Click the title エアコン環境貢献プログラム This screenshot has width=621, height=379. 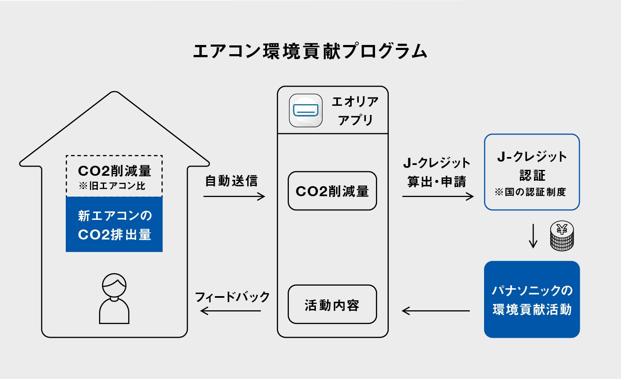[x=310, y=51]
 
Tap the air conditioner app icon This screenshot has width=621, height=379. [x=306, y=110]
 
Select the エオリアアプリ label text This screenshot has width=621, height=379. [x=355, y=111]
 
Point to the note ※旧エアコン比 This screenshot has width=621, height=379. [x=112, y=186]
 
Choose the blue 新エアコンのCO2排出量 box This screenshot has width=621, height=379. [x=114, y=224]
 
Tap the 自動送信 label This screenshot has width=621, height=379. [x=231, y=181]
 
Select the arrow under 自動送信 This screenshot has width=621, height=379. [x=234, y=196]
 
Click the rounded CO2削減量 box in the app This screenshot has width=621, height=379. [x=332, y=191]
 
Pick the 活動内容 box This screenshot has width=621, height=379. [x=332, y=305]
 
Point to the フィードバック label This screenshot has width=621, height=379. [x=232, y=297]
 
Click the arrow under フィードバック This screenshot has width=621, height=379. [x=231, y=311]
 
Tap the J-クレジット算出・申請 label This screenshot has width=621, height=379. [x=437, y=172]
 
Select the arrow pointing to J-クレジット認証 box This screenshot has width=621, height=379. [x=438, y=196]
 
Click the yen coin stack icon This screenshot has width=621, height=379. [x=562, y=236]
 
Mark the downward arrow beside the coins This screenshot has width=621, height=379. [x=533, y=236]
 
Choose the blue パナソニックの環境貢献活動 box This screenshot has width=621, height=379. [x=532, y=299]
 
